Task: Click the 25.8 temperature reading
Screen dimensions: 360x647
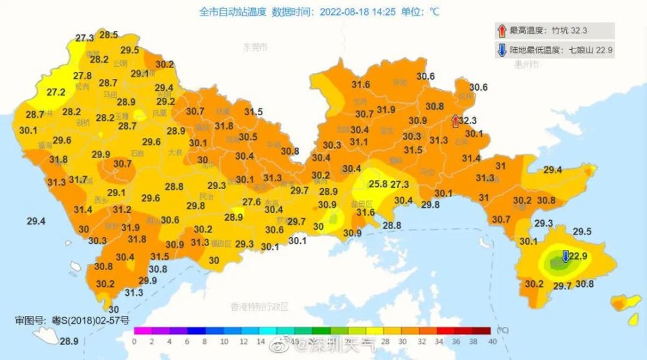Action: (378, 185)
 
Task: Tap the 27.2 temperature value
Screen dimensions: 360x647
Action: (56, 93)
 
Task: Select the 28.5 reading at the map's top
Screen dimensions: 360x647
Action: (108, 35)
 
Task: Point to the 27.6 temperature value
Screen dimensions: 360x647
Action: (251, 202)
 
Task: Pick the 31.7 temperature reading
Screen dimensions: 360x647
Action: (78, 179)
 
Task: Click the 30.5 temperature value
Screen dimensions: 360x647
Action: (248, 137)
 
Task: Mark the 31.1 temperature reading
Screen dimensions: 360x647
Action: (359, 142)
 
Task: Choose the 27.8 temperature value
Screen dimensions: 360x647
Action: (82, 76)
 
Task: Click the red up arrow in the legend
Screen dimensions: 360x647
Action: (501, 30)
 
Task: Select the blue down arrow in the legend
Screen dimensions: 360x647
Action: (501, 49)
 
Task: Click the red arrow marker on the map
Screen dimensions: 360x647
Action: (455, 120)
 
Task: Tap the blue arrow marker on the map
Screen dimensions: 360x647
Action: (565, 256)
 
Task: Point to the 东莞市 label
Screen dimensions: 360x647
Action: (255, 47)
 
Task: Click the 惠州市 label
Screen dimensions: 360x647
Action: (527, 64)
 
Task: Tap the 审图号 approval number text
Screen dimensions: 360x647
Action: (72, 320)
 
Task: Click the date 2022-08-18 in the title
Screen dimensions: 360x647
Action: (343, 11)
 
